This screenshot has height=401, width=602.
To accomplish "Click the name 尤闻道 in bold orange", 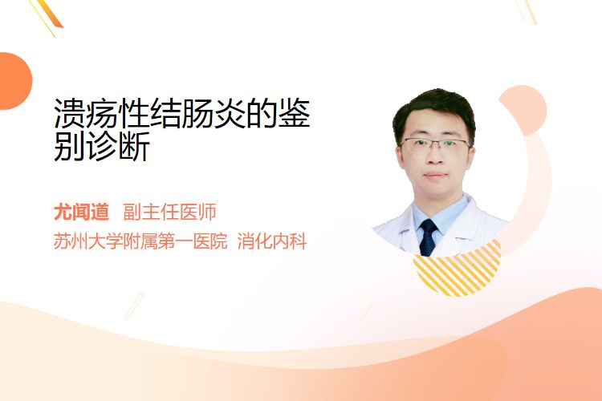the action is point(81,213).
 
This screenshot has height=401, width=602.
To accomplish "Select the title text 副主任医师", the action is point(169,213).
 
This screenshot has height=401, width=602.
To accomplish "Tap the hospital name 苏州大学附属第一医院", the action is point(140,241).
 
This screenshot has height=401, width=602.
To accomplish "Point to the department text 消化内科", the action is point(272,241).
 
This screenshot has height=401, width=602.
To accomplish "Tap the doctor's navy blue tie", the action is point(428,237).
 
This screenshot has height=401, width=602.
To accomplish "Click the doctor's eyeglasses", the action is point(434,144).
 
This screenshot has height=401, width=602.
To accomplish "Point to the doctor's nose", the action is point(434,158).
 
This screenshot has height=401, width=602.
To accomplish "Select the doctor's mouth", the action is point(435,176).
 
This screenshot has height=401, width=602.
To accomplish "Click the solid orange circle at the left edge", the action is point(14,81).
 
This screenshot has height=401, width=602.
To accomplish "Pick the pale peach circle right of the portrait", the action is point(524,109).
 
